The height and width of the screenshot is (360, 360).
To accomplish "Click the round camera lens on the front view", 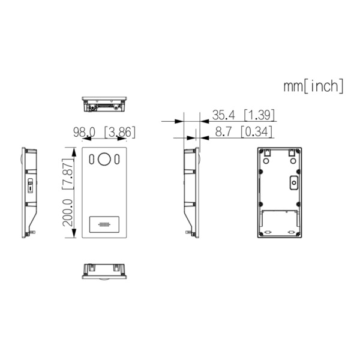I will tap(104, 160).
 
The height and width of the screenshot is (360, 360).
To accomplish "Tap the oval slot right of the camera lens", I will tap(117, 160).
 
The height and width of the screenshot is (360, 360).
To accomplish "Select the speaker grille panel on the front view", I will tap(104, 225).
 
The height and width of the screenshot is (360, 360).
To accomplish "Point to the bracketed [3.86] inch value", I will tap(119, 131).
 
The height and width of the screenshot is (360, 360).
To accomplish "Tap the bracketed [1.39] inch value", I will tap(258, 114).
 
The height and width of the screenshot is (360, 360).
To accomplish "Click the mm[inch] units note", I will tap(313, 86).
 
